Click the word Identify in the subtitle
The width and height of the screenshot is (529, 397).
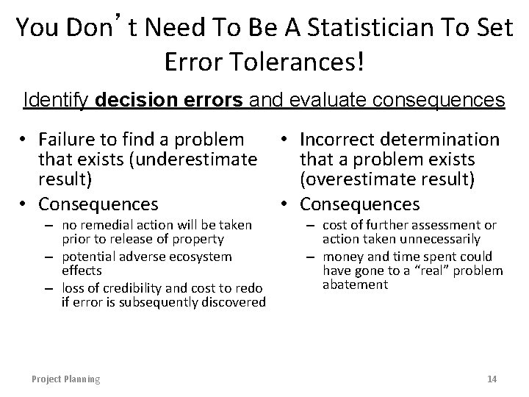(x=52, y=99)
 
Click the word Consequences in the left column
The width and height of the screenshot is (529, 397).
(x=98, y=203)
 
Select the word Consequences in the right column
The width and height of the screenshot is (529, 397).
(x=360, y=203)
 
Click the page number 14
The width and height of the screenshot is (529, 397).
(x=492, y=379)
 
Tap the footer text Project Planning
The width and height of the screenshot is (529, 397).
(x=65, y=379)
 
